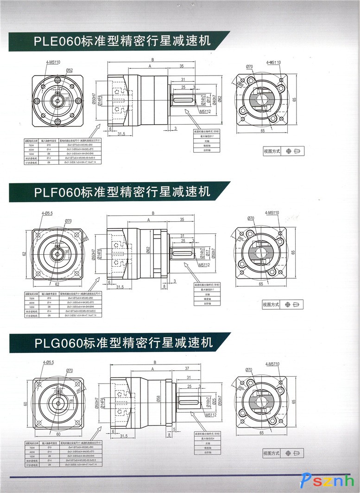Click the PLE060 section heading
(x=122, y=41)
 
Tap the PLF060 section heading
(x=122, y=191)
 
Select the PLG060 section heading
(x=123, y=343)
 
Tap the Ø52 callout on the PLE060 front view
(x=69, y=70)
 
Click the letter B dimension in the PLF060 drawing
(x=152, y=213)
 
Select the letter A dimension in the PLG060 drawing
(x=152, y=369)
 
